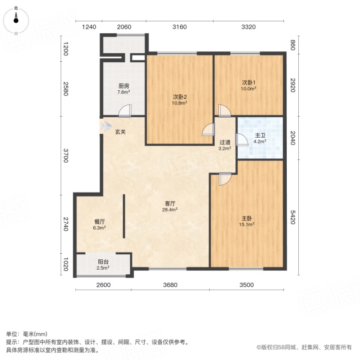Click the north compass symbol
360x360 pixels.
pyautogui.click(x=16, y=20)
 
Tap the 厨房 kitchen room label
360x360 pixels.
pyautogui.click(x=124, y=86)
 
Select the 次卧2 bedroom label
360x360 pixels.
pyautogui.click(x=179, y=97)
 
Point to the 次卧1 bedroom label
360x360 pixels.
pyautogui.click(x=249, y=82)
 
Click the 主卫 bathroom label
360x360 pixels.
pyautogui.click(x=260, y=135)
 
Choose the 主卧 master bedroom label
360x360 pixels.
pyautogui.click(x=247, y=218)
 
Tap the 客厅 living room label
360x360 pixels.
pyautogui.click(x=170, y=203)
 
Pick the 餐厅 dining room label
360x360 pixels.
pyautogui.click(x=99, y=222)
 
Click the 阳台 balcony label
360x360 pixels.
pyautogui.click(x=103, y=262)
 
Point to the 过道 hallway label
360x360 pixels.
pyautogui.click(x=225, y=142)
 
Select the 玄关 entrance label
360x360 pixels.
pyautogui.click(x=121, y=132)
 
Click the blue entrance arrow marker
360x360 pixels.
pyautogui.click(x=106, y=126)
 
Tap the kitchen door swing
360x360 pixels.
pyautogui.click(x=125, y=111)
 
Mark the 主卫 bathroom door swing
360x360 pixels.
pyautogui.click(x=242, y=140)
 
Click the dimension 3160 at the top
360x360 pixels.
pyautogui.click(x=179, y=27)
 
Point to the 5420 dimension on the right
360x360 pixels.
pyautogui.click(x=293, y=217)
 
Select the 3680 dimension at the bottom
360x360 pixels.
pyautogui.click(x=170, y=285)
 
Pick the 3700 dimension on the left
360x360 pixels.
pyautogui.click(x=66, y=155)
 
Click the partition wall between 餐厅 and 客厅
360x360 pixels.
pyautogui.click(x=124, y=216)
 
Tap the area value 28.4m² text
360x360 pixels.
pyautogui.click(x=170, y=209)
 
